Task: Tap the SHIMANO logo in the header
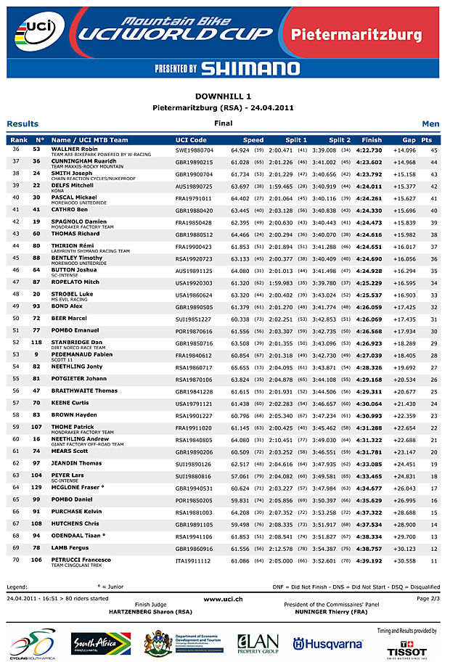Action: click(250, 68)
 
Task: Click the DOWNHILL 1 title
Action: click(224, 96)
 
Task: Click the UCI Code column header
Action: click(191, 140)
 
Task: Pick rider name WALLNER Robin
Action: click(74, 149)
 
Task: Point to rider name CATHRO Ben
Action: click(70, 210)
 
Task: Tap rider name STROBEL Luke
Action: click(72, 293)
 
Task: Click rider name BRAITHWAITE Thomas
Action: click(84, 391)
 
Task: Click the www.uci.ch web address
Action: click(223, 599)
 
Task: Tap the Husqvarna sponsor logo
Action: click(327, 644)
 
